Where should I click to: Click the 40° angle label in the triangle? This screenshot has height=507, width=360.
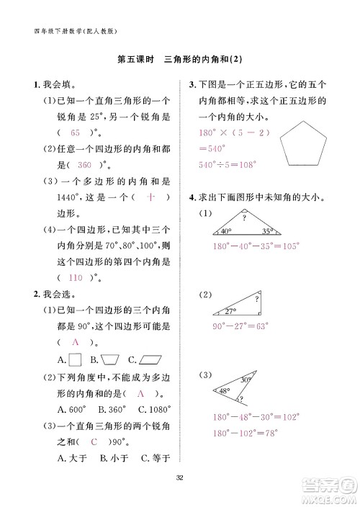(x=225, y=232)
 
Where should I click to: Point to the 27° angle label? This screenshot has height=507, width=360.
(x=230, y=311)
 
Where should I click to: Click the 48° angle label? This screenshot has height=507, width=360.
(x=224, y=391)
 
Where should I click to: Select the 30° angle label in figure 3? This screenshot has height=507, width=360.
(x=246, y=380)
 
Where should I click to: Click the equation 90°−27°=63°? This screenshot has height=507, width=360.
(x=240, y=326)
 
